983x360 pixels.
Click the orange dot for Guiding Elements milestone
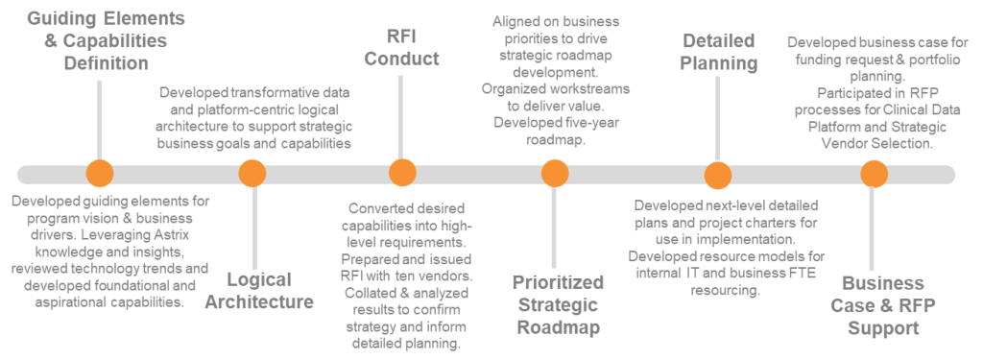[98, 174]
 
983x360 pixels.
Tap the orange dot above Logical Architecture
[252, 174]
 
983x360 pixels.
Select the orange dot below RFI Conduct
[402, 174]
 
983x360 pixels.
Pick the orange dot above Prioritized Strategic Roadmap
[555, 174]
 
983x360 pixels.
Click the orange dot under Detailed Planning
[717, 175]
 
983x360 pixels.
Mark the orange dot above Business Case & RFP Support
[873, 174]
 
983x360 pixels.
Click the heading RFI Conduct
[401, 46]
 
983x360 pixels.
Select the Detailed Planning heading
[720, 53]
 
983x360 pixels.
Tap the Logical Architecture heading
[271, 291]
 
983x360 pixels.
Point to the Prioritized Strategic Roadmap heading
[558, 304]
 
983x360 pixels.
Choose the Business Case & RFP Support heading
[881, 305]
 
